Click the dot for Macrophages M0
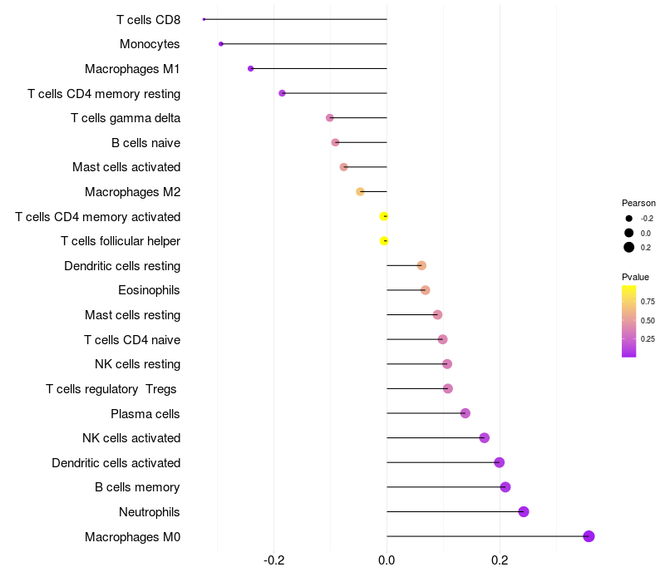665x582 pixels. tap(589, 536)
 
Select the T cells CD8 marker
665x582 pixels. tap(204, 19)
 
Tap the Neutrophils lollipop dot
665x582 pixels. tap(524, 511)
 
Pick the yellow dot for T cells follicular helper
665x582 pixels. tap(384, 241)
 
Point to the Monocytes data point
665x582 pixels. tap(220, 44)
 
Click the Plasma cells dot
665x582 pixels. tap(465, 413)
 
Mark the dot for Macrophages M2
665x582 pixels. tap(360, 192)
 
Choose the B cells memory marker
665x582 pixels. tap(505, 487)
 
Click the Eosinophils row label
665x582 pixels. tap(150, 290)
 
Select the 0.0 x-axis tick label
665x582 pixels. tap(387, 561)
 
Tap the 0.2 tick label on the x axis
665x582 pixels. tap(500, 561)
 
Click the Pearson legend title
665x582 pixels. tap(638, 203)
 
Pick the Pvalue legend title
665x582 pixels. tap(636, 277)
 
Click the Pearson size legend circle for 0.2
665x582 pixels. tap(629, 247)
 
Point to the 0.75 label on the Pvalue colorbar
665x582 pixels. tap(648, 301)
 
